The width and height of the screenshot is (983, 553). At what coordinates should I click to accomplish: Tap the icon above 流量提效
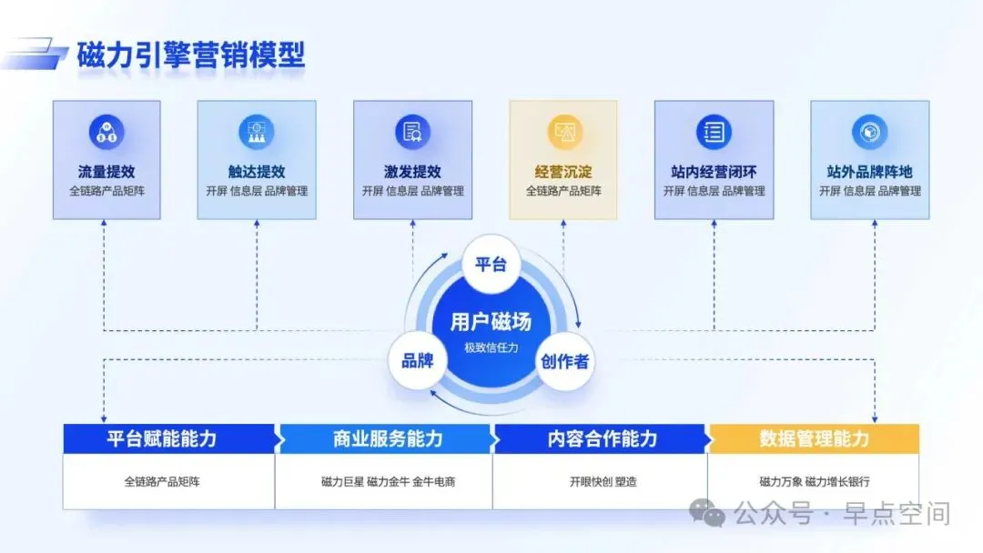pos(106,133)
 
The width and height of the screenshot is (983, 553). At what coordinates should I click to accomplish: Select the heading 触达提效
pos(256,171)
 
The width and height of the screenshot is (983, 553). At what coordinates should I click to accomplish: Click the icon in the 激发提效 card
pos(412,133)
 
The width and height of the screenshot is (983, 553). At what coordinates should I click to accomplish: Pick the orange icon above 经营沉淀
pos(563,133)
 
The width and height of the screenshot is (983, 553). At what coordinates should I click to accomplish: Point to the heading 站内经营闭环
pos(714,171)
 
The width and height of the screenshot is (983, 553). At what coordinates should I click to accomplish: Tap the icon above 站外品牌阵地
pos(869,133)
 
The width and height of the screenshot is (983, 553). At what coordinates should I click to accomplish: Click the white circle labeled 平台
pos(491,264)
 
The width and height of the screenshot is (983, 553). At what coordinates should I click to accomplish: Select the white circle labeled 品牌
pos(418,360)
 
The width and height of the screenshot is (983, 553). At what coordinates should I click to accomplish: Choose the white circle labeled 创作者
pos(564,360)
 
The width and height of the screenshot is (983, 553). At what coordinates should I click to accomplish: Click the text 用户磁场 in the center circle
pos(491,321)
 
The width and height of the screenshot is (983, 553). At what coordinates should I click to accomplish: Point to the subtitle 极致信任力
pos(491,347)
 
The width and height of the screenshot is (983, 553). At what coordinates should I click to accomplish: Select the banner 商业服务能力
pos(387,438)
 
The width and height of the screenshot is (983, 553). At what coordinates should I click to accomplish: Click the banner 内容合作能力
pos(602,438)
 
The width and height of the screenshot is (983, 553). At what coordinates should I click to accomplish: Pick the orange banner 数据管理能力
pos(814,438)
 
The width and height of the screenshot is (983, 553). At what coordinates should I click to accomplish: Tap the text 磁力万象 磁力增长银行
pos(814,481)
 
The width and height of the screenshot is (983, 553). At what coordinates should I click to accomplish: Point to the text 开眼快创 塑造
pos(602,481)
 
